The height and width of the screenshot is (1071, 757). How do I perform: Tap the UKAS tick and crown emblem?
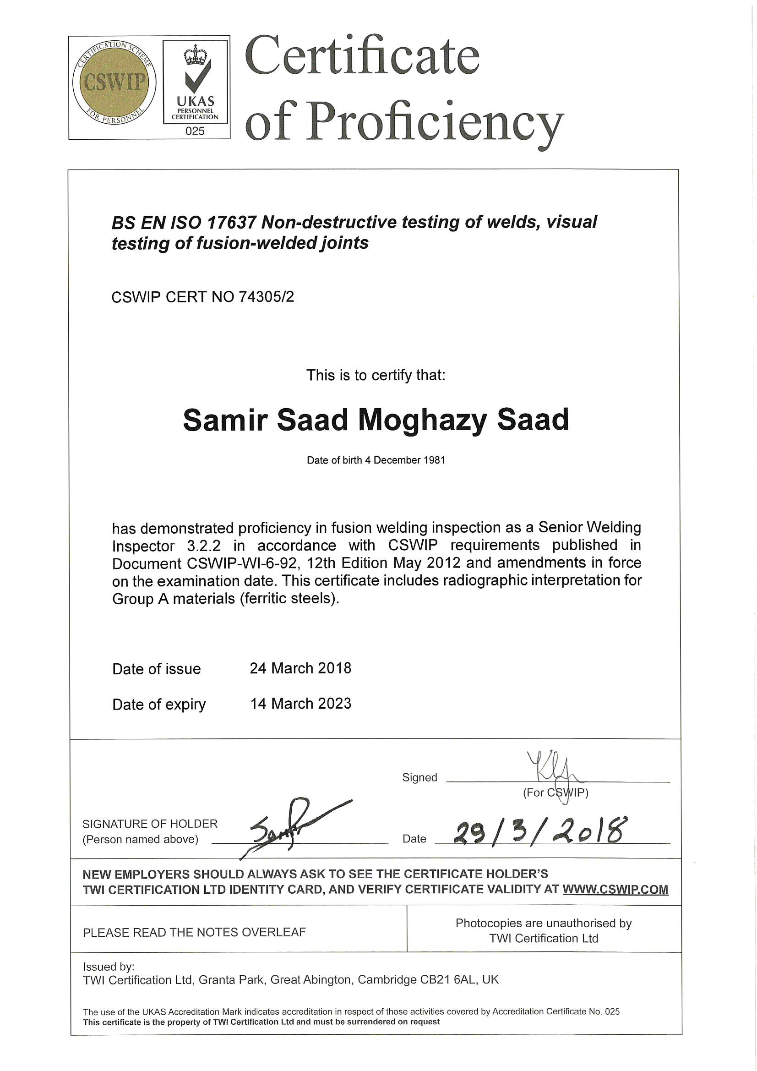coord(196,70)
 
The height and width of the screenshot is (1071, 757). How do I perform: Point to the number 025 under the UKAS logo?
coord(195,131)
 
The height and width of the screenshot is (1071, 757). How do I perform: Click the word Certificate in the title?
coord(362,57)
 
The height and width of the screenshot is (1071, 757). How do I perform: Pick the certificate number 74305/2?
coord(267,297)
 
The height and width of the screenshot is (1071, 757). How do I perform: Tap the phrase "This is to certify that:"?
coord(376,375)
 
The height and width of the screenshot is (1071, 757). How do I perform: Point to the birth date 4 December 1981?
coord(405,460)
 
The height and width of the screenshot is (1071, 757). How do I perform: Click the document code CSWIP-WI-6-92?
coord(242,563)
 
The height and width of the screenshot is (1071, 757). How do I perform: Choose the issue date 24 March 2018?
coord(300,668)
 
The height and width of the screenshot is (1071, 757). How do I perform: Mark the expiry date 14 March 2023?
coord(301,704)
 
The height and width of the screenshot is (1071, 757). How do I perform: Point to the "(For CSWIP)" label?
coord(555,792)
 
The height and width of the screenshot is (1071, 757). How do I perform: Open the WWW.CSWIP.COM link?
coord(615,890)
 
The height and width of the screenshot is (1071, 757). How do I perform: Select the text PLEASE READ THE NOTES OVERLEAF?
coord(194,933)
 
